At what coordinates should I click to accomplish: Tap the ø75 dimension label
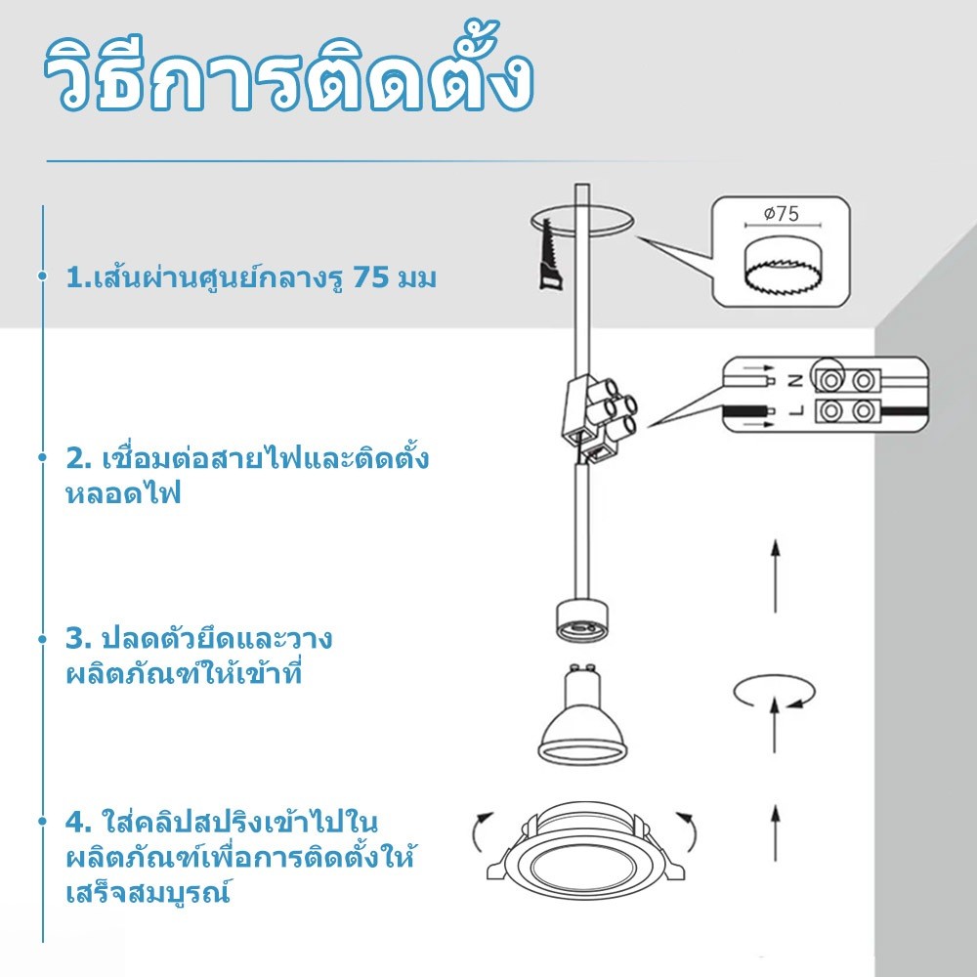click(782, 214)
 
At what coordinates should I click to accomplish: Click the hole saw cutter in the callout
click(782, 266)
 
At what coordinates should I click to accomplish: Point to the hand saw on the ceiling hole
click(551, 254)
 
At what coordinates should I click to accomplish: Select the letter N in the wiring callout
click(795, 380)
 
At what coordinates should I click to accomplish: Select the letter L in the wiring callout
click(795, 410)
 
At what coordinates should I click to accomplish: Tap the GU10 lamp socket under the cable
click(581, 620)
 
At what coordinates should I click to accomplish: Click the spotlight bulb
click(582, 715)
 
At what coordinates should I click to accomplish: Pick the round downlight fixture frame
click(584, 851)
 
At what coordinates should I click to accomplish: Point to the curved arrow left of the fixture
click(481, 831)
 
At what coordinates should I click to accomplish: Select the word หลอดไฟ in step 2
click(123, 493)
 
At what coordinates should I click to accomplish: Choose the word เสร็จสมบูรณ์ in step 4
click(149, 892)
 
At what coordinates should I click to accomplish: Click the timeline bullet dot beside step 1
click(42, 275)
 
